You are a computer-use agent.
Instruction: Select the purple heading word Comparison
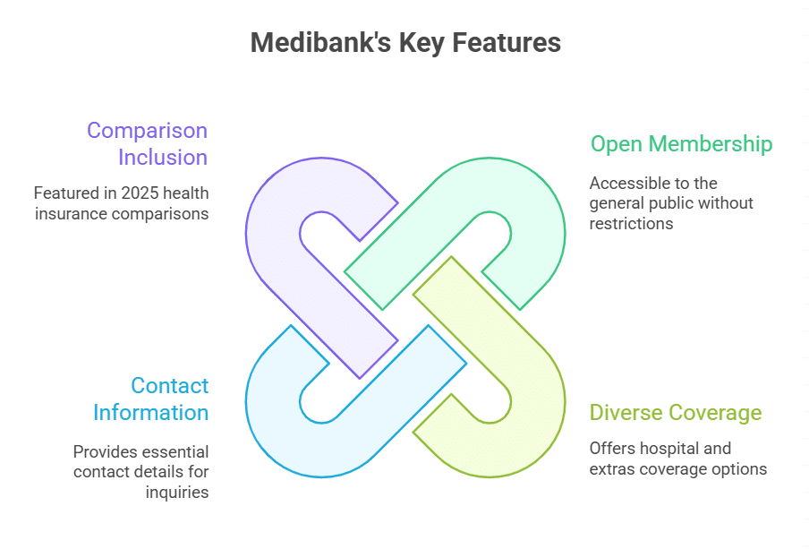147,130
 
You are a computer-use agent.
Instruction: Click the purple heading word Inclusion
163,158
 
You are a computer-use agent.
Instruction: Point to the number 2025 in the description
138,192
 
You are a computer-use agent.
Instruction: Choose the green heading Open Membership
681,143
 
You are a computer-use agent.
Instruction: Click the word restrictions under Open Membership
631,223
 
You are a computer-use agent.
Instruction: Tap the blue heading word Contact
169,386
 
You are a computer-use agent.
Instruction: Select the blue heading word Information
150,413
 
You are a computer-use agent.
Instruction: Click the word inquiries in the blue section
177,492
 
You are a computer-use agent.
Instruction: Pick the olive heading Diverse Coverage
676,413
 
